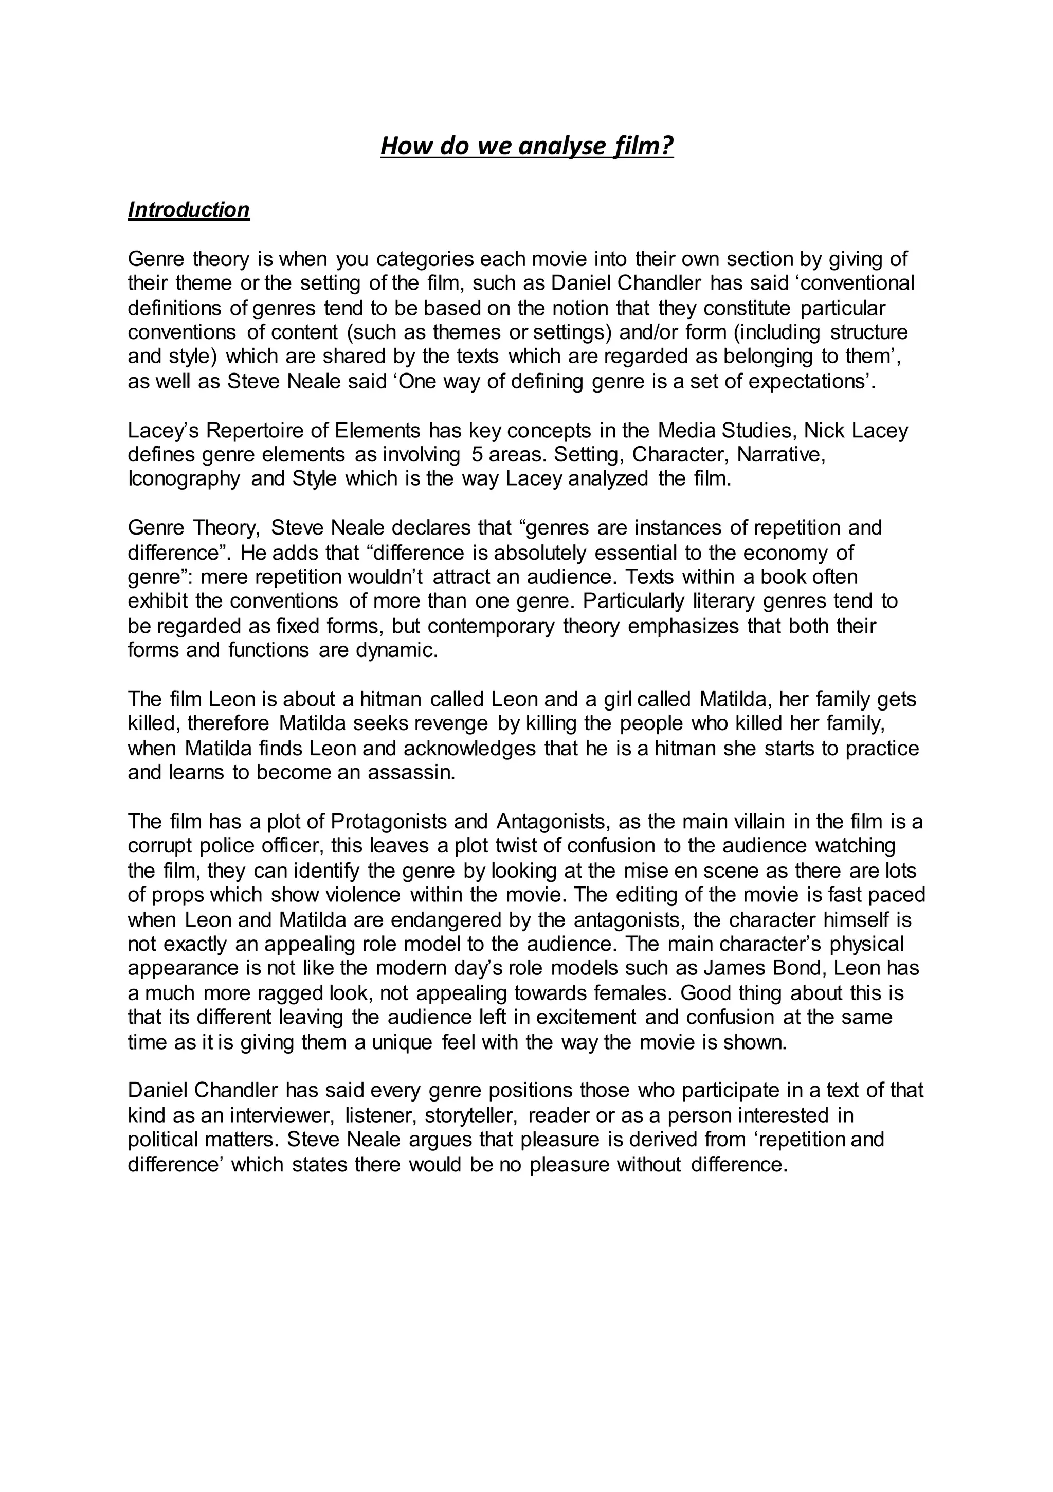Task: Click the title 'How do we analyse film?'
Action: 527,146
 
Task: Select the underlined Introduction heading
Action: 188,210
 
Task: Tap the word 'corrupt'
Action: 160,846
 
